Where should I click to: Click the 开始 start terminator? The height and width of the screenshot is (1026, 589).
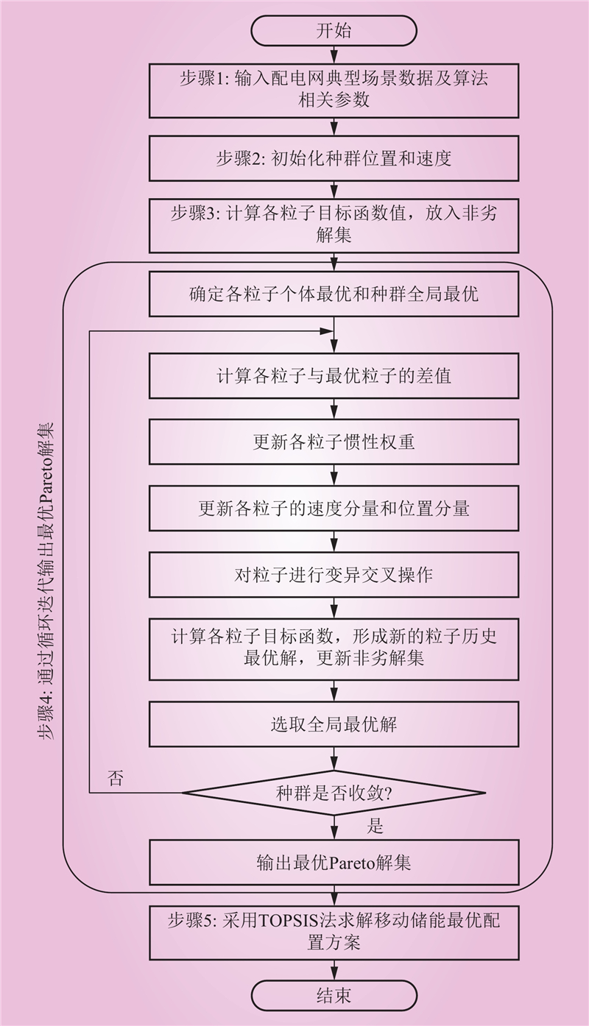[334, 31]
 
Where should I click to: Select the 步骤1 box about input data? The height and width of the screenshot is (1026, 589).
[334, 90]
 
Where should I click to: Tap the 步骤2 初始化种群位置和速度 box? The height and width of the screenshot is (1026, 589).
[334, 158]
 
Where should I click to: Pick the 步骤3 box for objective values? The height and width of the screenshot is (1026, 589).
[334, 224]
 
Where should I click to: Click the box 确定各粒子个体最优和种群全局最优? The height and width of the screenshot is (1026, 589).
[334, 294]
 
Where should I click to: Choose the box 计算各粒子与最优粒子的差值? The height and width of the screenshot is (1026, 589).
[334, 375]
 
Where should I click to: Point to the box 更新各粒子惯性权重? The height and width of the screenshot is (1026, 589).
[334, 442]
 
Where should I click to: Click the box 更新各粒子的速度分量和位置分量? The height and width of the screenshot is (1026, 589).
[334, 508]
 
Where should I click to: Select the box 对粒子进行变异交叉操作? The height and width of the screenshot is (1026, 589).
[334, 575]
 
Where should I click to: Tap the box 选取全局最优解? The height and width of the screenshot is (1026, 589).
[334, 724]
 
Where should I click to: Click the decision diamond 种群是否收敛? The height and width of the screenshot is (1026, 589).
[334, 793]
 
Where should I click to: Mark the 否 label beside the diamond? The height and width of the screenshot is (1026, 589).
[116, 779]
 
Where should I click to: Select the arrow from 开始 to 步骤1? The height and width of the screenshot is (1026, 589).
[334, 54]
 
